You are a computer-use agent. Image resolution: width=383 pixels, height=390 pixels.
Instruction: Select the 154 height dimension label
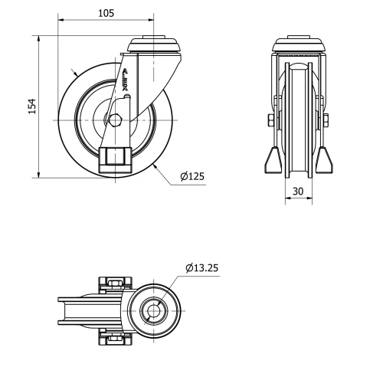tap(31, 106)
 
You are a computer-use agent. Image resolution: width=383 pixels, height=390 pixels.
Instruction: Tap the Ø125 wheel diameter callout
tap(192, 176)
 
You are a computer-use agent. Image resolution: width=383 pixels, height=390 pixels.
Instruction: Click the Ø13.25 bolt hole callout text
tap(203, 267)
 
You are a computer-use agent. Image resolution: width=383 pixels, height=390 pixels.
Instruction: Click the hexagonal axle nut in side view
tap(115, 120)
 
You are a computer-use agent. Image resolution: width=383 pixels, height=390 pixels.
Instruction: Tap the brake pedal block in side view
tap(115, 159)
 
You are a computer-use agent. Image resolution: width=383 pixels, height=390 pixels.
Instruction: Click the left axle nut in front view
tap(271, 120)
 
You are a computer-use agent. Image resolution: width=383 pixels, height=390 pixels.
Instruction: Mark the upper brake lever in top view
tap(114, 284)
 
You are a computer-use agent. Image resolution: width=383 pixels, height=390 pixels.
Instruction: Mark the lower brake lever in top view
tap(114, 335)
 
